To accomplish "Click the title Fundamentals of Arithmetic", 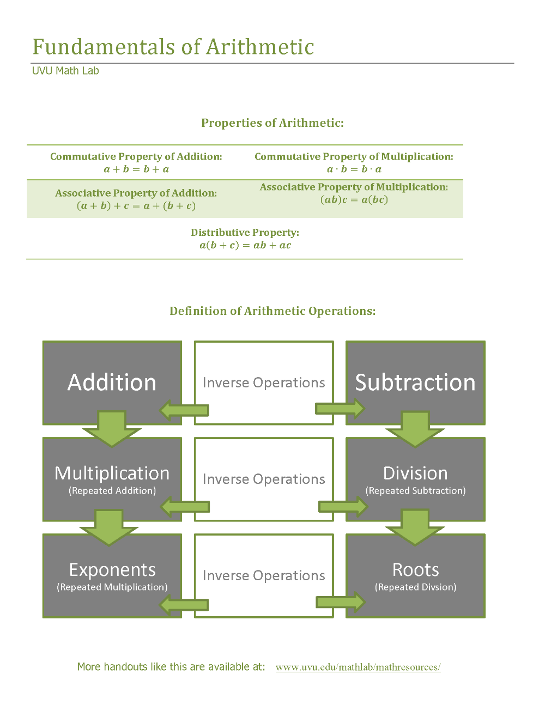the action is click(173, 47).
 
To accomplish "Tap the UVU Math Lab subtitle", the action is click(65, 71).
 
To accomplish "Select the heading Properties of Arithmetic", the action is click(272, 123).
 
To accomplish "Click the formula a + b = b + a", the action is click(136, 169).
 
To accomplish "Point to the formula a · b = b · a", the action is click(354, 169).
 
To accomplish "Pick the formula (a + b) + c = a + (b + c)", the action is click(136, 206).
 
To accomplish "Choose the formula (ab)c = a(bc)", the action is click(354, 199).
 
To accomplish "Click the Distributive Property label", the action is click(245, 233).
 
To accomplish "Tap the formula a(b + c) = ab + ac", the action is click(245, 245).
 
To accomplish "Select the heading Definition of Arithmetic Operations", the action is click(272, 311).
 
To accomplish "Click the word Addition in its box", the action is click(112, 382).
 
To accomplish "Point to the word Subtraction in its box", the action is click(415, 382).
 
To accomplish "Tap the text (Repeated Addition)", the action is click(112, 490).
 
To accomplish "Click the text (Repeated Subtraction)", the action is click(415, 490).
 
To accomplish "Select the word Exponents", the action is click(112, 570).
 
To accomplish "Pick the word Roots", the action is click(415, 570).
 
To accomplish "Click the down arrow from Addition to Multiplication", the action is click(112, 429).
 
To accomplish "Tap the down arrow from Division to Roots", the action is click(415, 527).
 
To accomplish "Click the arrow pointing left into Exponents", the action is click(184, 605).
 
